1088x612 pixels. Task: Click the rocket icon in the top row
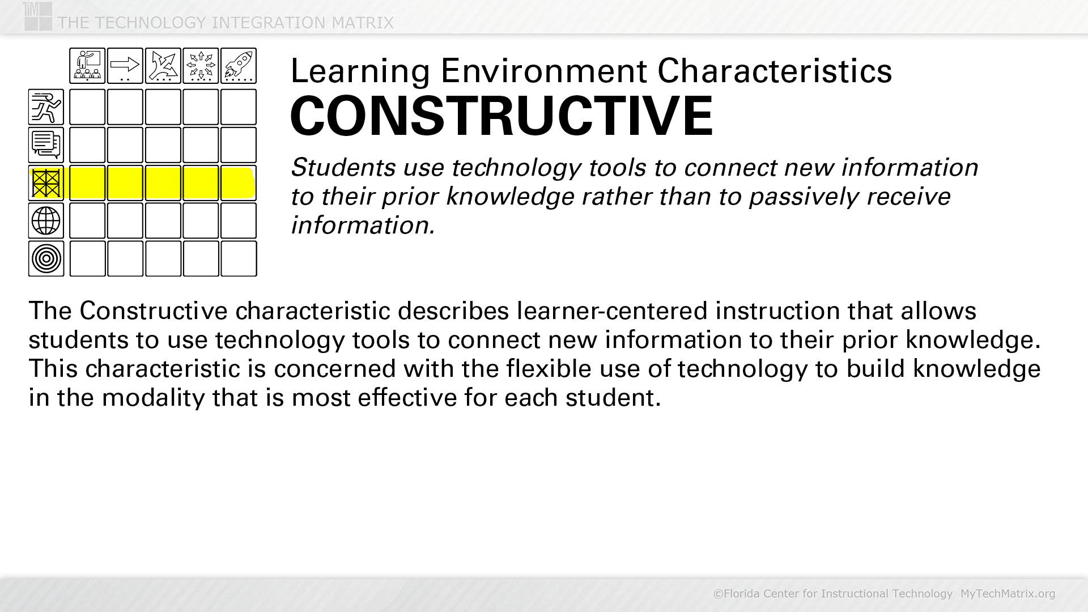click(x=239, y=66)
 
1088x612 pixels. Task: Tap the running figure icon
click(x=46, y=107)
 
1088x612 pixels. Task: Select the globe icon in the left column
click(x=46, y=220)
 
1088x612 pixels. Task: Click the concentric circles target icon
click(x=46, y=258)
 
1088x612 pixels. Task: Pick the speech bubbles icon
click(x=46, y=145)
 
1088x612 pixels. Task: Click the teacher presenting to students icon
click(x=87, y=66)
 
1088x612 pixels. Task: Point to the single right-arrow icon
click(x=125, y=66)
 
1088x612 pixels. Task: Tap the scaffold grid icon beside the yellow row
click(x=46, y=183)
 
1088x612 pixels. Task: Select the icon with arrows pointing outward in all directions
click(x=201, y=66)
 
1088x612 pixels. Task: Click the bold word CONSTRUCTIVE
click(x=501, y=116)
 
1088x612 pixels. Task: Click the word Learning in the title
click(x=360, y=72)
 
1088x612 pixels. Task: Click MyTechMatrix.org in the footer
click(x=1008, y=593)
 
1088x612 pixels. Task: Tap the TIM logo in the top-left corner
click(x=38, y=16)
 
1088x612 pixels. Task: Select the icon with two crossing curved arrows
click(x=163, y=66)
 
